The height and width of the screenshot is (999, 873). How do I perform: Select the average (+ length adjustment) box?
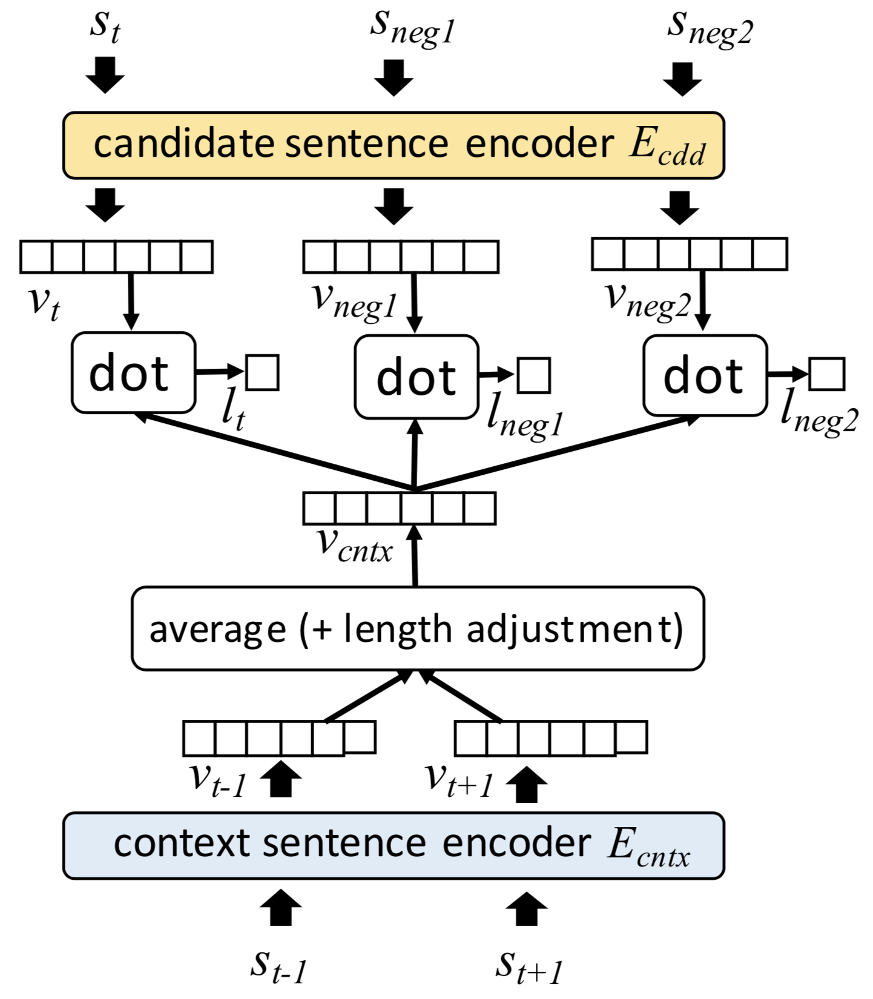pyautogui.click(x=418, y=628)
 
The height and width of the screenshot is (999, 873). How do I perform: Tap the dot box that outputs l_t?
pyautogui.click(x=133, y=373)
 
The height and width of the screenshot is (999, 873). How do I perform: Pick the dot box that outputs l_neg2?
pyautogui.click(x=705, y=376)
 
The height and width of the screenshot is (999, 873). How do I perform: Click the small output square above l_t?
pyautogui.click(x=262, y=372)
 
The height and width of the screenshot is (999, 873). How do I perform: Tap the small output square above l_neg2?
pyautogui.click(x=826, y=374)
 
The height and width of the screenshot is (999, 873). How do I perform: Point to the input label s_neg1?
pyautogui.click(x=412, y=27)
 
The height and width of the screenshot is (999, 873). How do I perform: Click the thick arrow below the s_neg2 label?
pyautogui.click(x=682, y=79)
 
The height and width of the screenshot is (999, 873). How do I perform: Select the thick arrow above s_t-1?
pyautogui.click(x=280, y=907)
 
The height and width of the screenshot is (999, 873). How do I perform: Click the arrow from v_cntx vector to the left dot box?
pyautogui.click(x=272, y=451)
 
